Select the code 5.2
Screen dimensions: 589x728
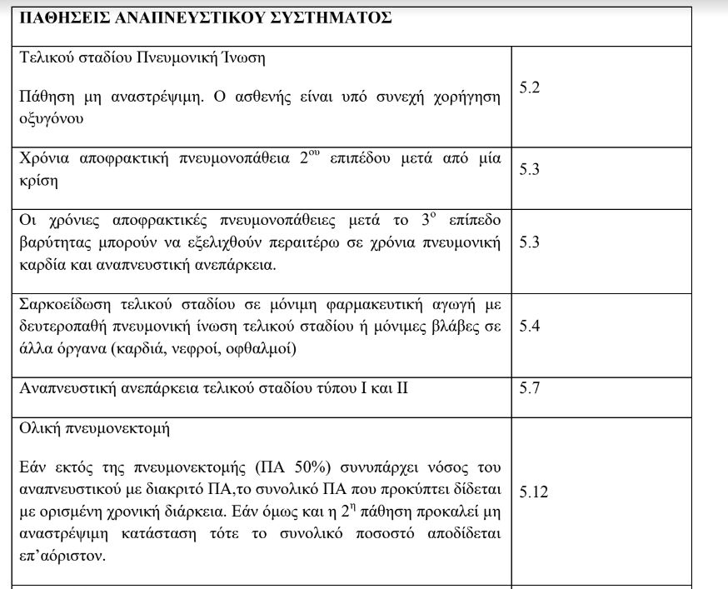(530, 87)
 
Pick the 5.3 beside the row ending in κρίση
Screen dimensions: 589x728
(530, 169)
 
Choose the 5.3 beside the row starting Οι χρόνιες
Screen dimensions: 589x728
(530, 242)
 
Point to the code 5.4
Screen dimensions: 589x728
(530, 326)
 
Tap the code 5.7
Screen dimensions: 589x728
(530, 387)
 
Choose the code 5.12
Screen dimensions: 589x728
(533, 492)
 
